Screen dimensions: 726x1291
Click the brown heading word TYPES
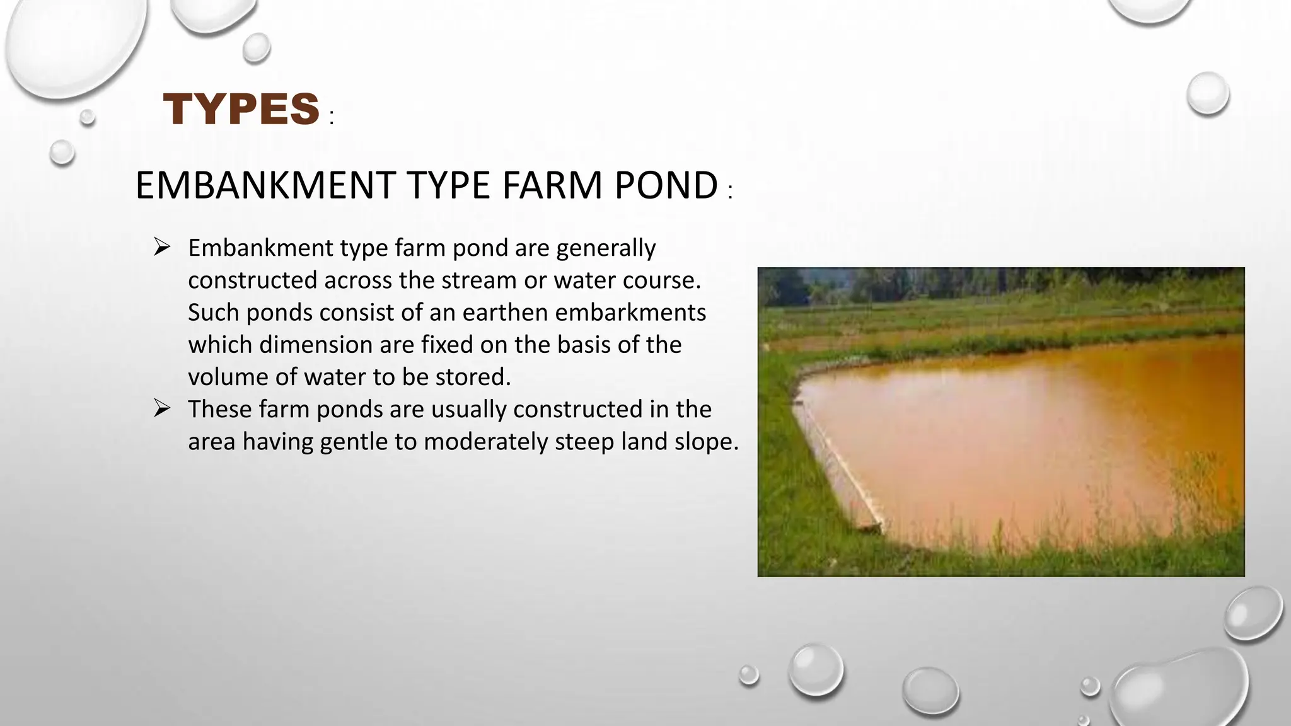(x=241, y=109)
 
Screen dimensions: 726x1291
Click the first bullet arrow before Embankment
(x=162, y=247)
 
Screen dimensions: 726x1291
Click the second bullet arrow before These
(x=162, y=408)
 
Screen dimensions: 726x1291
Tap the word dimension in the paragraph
(x=315, y=345)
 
